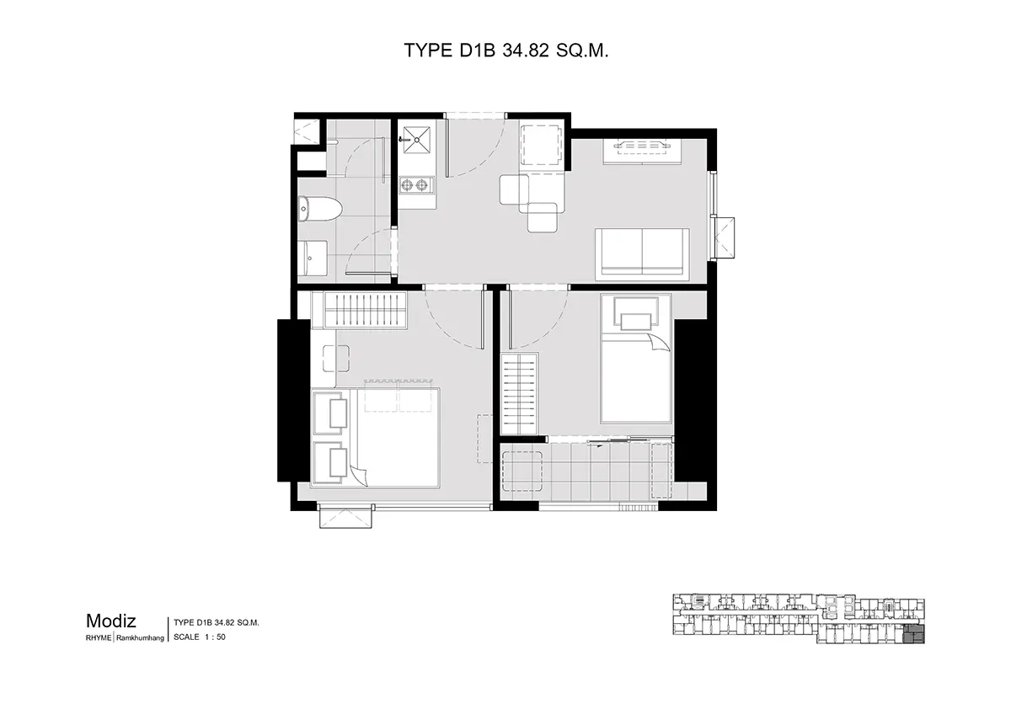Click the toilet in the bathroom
click(319, 209)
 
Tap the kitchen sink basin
click(416, 140)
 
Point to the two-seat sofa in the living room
click(642, 254)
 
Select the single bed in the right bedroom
click(635, 359)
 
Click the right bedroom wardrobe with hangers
click(520, 394)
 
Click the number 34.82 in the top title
click(526, 51)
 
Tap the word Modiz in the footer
click(111, 621)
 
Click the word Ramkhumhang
click(141, 638)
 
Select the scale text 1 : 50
click(215, 637)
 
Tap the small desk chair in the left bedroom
click(336, 359)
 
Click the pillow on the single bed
click(635, 322)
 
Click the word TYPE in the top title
click(428, 51)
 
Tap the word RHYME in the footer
click(99, 638)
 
